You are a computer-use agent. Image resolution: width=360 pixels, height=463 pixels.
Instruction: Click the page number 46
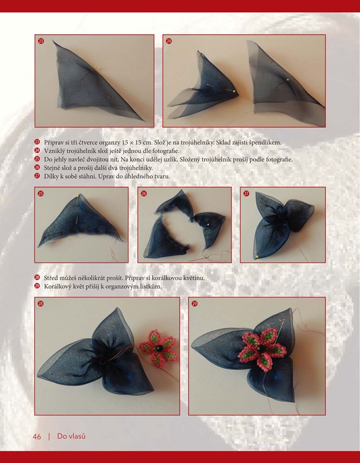tap(37, 436)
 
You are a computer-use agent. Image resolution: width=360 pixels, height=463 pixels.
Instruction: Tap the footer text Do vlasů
tap(71, 436)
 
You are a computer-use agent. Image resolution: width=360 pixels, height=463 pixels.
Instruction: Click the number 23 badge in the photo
tap(41, 41)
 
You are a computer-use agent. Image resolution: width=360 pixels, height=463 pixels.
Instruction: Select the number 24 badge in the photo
tap(168, 41)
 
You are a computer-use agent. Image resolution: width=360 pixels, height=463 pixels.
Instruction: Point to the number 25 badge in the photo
tap(41, 193)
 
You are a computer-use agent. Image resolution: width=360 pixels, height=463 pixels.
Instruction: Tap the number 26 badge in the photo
tap(144, 193)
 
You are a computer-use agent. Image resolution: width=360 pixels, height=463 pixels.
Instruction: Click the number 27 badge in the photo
tap(246, 193)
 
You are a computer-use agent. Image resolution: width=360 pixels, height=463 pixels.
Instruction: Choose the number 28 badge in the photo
tap(41, 303)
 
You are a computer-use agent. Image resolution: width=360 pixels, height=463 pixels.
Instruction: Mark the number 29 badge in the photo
tap(194, 303)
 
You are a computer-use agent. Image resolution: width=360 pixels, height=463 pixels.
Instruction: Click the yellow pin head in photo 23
tap(95, 67)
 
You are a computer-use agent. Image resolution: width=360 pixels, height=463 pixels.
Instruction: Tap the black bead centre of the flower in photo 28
tap(160, 348)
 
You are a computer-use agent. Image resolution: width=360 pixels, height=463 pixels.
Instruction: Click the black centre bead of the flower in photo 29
tap(260, 348)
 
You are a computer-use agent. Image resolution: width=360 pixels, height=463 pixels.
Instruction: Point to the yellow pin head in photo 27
tap(257, 256)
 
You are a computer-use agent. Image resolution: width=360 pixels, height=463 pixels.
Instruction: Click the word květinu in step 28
tap(194, 278)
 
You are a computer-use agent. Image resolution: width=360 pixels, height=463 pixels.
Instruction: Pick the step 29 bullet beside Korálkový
tap(37, 286)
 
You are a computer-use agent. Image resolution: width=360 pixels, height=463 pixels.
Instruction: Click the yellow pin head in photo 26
tap(148, 254)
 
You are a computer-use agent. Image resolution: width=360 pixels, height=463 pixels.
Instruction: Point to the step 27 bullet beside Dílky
tap(37, 176)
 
